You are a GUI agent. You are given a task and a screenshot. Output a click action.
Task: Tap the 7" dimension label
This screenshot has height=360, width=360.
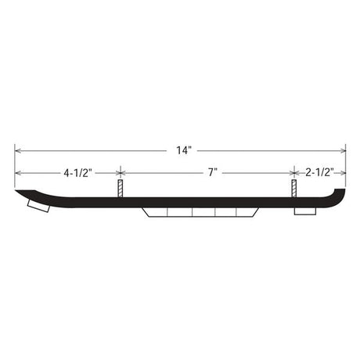coord(211,171)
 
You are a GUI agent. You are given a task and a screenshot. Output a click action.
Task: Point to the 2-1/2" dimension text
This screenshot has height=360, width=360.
coord(320,171)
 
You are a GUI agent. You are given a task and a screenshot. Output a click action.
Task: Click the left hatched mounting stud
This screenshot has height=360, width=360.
coord(120,189)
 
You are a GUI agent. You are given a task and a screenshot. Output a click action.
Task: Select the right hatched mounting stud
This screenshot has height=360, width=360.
coord(294,189)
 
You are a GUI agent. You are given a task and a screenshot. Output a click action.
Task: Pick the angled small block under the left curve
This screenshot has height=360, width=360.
coord(37,207)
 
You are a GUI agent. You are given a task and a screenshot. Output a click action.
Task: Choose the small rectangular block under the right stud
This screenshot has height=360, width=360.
coord(304,211)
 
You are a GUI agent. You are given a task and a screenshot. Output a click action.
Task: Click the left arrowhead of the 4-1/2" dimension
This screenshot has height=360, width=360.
coord(17,171)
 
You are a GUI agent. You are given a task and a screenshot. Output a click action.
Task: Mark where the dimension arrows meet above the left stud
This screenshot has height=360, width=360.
coord(120,171)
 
